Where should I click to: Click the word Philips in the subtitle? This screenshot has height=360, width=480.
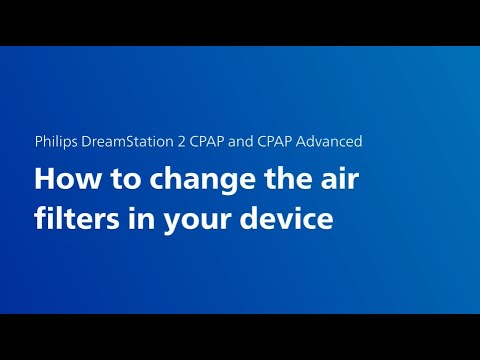coord(56,141)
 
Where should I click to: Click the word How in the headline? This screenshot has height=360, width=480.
coord(62,180)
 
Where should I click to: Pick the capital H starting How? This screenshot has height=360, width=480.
coord(44,180)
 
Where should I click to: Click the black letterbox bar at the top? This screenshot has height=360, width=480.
coord(240,22)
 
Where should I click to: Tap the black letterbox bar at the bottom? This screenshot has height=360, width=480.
coord(240,337)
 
